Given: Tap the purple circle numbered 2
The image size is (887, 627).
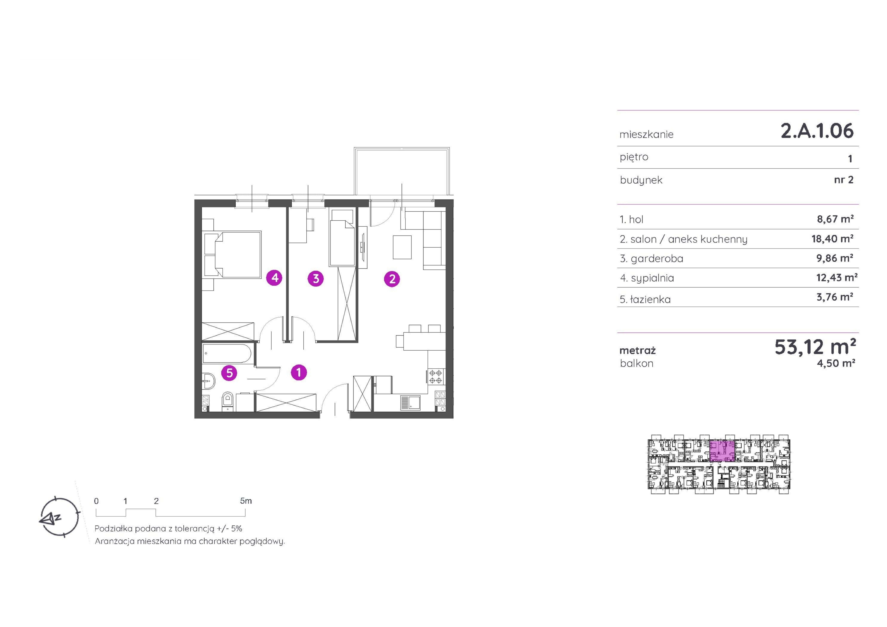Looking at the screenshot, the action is click(392, 279).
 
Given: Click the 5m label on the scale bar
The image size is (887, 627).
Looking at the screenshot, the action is click(246, 501).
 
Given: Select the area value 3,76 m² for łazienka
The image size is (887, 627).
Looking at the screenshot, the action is click(835, 297).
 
